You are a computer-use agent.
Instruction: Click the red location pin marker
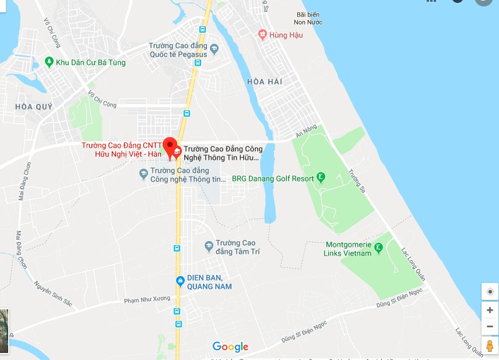point(170,146)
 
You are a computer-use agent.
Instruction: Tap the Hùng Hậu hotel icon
point(263,35)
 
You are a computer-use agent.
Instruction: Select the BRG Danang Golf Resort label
point(273,179)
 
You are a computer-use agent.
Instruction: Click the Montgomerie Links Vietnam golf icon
point(378,247)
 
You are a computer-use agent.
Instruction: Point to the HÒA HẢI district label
point(265,82)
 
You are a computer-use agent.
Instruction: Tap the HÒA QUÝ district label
point(34,107)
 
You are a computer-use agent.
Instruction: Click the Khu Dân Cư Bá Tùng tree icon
point(50,62)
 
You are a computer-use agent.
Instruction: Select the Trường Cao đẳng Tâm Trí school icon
point(209,245)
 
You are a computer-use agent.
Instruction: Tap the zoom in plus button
point(490,310)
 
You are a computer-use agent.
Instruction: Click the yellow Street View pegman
point(490,345)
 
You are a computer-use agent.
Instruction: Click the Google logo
point(230,347)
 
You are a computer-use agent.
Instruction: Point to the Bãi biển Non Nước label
point(309,18)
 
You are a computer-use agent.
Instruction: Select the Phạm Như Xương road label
point(147,300)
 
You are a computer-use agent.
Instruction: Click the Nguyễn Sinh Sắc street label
point(52,295)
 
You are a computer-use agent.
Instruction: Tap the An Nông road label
point(306,132)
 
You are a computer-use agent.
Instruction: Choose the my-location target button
point(490,291)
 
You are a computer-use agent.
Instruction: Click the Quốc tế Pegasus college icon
point(214,48)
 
